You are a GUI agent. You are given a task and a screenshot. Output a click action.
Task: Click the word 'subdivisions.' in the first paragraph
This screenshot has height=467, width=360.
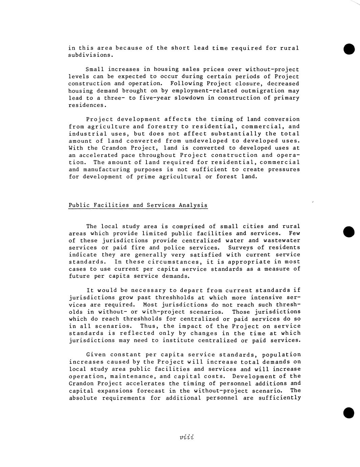click(90, 55)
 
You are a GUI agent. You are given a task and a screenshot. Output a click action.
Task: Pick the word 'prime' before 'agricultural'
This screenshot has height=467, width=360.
click(146, 177)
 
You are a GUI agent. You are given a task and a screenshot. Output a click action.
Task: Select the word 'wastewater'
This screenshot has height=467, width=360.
click(283, 241)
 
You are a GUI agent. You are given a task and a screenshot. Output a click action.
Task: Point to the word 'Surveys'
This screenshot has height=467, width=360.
click(241, 248)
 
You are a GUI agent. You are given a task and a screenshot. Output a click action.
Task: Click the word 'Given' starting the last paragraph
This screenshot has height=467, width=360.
click(95, 355)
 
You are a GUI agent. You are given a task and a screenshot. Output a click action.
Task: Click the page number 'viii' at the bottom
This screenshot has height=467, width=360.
click(187, 437)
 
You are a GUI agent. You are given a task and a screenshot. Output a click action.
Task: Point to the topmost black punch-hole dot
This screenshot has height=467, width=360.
click(349, 49)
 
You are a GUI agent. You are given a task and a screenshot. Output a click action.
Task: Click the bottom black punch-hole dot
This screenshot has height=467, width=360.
click(348, 413)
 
